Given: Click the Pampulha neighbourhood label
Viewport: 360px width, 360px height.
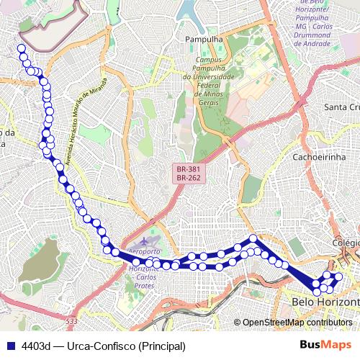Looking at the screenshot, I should coord(203,38).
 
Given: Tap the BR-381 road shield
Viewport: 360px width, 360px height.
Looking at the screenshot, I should coord(189,169).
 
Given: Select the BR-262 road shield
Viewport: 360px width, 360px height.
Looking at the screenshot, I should coord(189,178).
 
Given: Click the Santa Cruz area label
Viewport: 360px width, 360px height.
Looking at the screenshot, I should coord(341,107).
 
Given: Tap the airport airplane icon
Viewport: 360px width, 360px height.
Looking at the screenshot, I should coord(148,238).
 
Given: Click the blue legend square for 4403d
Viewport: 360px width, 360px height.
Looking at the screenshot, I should coord(11,346).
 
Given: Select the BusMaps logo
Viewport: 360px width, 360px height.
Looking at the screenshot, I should coord(325,346).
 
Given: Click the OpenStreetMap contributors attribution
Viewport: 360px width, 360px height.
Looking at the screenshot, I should coord(297,323).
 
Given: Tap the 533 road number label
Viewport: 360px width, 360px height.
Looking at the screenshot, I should coord(70,321).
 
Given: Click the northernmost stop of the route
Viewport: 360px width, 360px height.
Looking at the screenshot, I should coord(22,49).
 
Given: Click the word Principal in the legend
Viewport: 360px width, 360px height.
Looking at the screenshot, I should coord(161,346).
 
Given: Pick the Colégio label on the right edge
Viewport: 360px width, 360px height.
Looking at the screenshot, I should coord(346,243).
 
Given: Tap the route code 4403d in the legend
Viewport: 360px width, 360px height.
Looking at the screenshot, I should coord(36,346).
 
